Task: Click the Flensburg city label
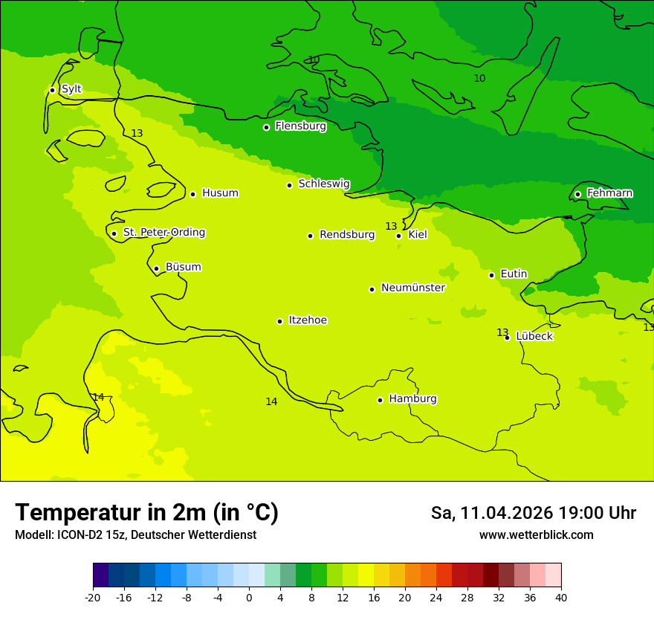click(300, 126)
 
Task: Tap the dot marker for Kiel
click(399, 236)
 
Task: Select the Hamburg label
click(412, 399)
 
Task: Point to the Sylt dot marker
click(52, 90)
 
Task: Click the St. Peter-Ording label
click(163, 233)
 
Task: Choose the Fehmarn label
click(609, 193)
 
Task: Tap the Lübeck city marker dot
click(508, 337)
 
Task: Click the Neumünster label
click(412, 288)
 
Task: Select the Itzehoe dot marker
click(279, 321)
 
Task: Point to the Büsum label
click(183, 267)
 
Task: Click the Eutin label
click(514, 274)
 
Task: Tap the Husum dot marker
click(192, 194)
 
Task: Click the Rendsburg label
click(347, 235)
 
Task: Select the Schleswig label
click(323, 184)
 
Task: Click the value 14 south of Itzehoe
click(271, 401)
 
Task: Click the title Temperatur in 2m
click(146, 512)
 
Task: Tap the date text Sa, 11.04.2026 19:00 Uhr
click(533, 513)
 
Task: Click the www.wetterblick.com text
click(536, 535)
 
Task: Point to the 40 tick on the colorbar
click(560, 597)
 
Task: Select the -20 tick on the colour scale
click(93, 597)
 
